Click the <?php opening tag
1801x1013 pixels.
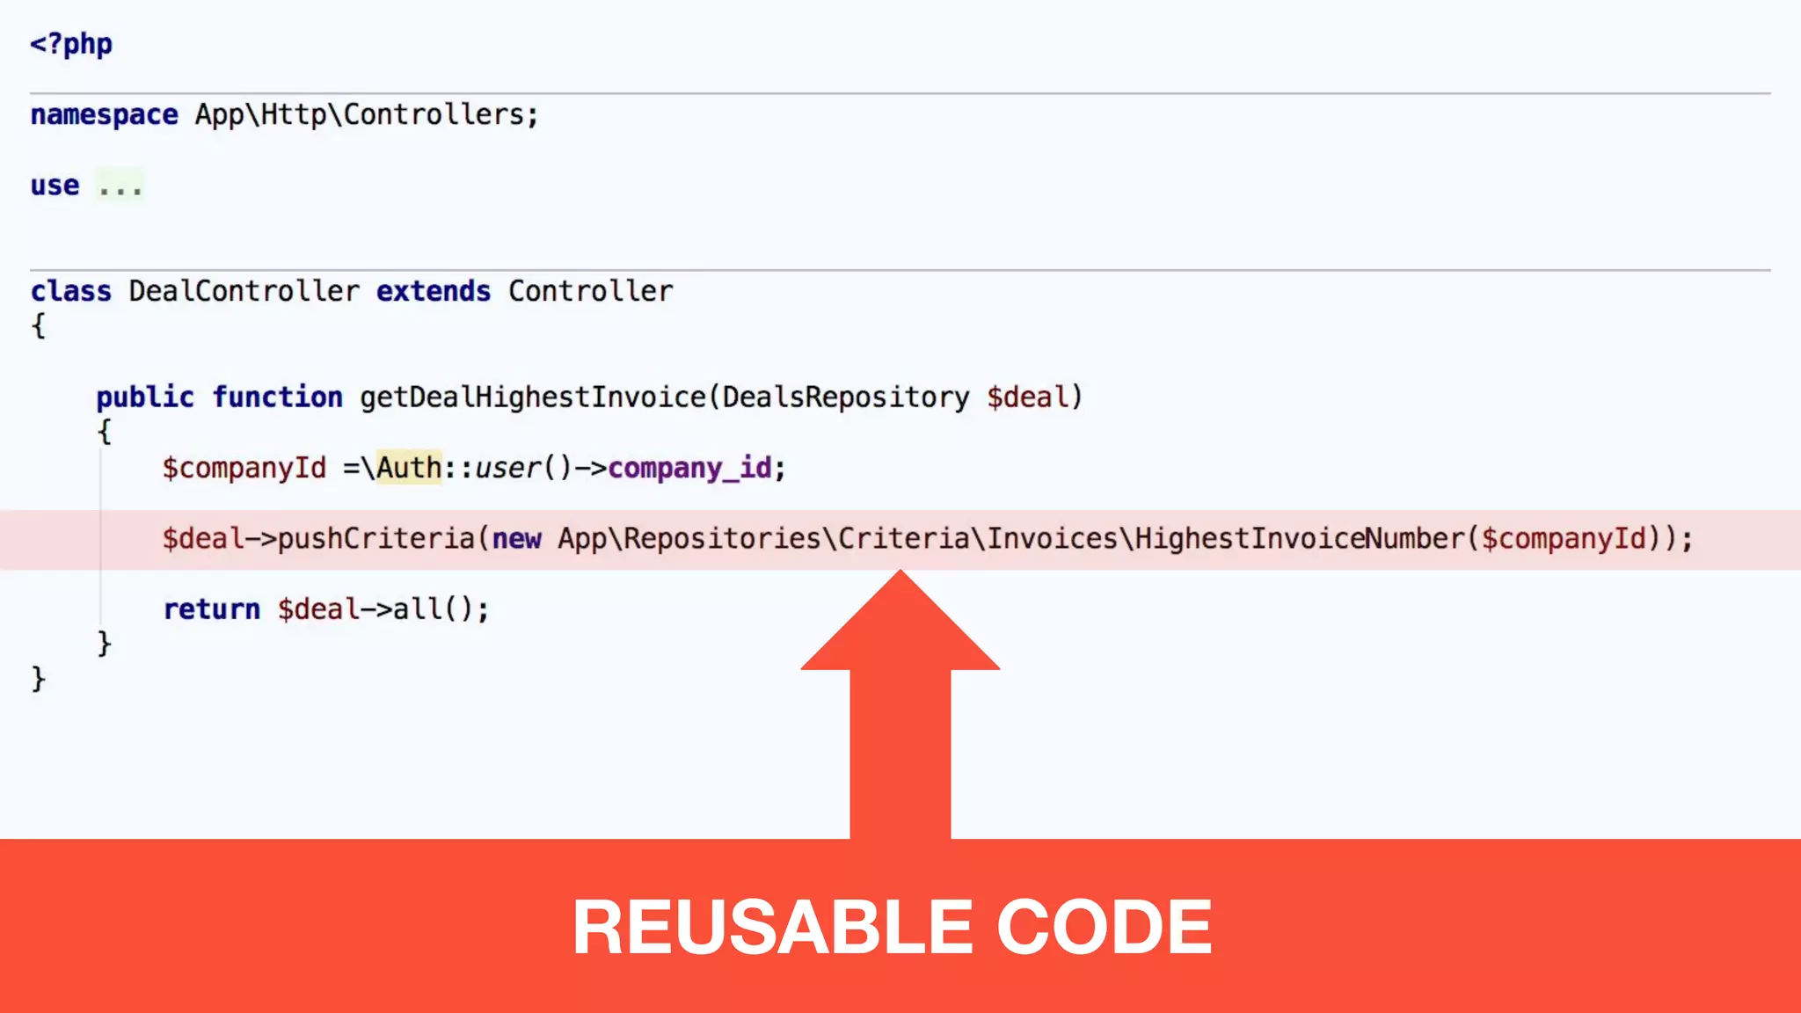[x=71, y=44]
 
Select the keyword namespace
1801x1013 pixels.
[x=104, y=115]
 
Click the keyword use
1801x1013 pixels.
[x=55, y=186]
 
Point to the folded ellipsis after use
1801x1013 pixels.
[x=120, y=186]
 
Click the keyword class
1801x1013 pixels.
[x=70, y=291]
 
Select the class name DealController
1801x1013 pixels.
[x=244, y=291]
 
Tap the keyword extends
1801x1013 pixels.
[x=433, y=291]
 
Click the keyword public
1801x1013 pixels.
[x=145, y=397]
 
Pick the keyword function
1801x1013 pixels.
[x=277, y=397]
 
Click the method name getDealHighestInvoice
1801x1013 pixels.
[x=532, y=397]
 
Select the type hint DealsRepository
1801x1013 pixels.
[x=845, y=397]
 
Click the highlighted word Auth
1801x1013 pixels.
[x=409, y=468]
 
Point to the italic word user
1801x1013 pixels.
[x=507, y=468]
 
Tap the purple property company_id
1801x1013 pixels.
[x=689, y=468]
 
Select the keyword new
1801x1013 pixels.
[x=516, y=538]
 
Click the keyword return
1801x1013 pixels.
[x=211, y=609]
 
